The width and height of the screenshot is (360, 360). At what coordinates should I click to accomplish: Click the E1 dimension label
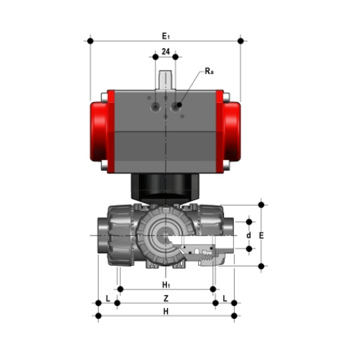pyautogui.click(x=166, y=36)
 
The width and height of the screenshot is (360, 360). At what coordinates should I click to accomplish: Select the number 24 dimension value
pyautogui.click(x=166, y=51)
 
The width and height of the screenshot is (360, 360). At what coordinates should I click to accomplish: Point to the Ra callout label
pyautogui.click(x=209, y=71)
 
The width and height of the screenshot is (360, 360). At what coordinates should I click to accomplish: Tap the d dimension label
pyautogui.click(x=249, y=235)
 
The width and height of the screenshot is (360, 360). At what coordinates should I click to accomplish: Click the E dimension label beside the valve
pyautogui.click(x=261, y=235)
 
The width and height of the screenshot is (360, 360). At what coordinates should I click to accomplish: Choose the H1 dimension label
pyautogui.click(x=166, y=285)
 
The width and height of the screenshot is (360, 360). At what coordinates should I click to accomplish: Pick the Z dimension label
pyautogui.click(x=166, y=299)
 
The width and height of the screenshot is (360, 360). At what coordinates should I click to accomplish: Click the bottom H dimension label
pyautogui.click(x=166, y=312)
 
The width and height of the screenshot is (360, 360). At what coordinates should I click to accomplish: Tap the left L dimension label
pyautogui.click(x=108, y=299)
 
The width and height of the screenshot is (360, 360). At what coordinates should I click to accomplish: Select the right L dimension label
pyautogui.click(x=225, y=299)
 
